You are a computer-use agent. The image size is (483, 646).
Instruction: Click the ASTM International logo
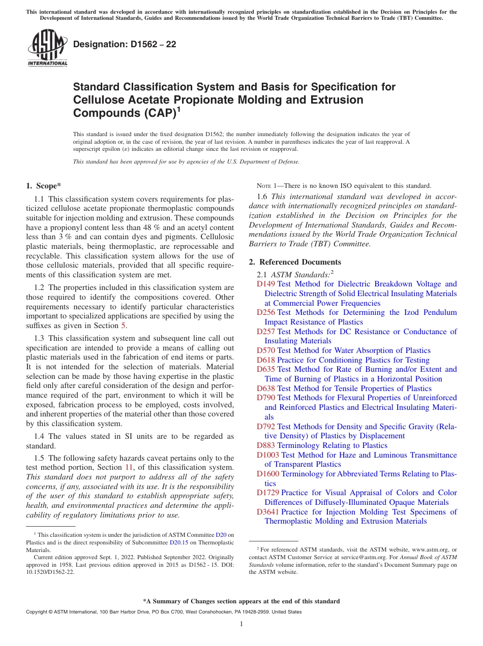[47, 48]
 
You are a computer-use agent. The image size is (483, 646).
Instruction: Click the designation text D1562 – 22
[125, 44]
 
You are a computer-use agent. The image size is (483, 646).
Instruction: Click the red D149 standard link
[266, 284]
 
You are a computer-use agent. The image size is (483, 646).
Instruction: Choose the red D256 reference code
[266, 312]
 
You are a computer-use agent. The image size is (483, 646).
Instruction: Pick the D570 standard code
[266, 350]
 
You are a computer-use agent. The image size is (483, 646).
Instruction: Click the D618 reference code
[266, 360]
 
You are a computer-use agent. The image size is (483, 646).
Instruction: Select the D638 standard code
[266, 389]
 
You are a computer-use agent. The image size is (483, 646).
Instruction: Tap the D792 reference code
[266, 427]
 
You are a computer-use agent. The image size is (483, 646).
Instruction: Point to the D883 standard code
[266, 445]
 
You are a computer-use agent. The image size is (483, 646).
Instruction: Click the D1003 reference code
[268, 455]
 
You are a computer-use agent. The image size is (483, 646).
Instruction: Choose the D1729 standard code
[268, 493]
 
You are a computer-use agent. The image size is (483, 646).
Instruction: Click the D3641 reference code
[268, 512]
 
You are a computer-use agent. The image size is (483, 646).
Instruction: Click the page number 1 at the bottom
[242, 624]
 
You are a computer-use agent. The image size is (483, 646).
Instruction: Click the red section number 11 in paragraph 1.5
[129, 467]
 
